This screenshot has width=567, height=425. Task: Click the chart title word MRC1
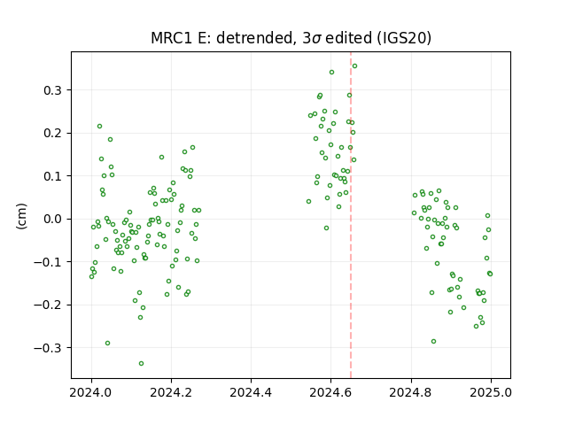coord(172,38)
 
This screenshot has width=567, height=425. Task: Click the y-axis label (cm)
coord(21,216)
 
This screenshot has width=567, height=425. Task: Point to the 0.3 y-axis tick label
coord(52,90)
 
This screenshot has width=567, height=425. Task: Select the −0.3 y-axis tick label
coord(48,348)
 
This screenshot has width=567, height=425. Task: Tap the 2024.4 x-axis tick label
coord(251,392)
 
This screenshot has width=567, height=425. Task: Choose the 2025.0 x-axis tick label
coord(491,392)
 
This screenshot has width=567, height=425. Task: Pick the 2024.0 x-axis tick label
coord(91,392)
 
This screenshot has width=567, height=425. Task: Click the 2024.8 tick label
coord(411,392)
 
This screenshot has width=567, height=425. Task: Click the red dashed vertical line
coord(351,215)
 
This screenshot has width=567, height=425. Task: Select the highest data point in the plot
coord(354,66)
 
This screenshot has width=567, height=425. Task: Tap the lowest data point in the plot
coord(142,364)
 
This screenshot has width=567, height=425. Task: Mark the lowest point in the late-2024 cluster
coord(433,342)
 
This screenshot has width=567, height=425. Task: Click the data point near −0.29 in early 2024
coord(107,344)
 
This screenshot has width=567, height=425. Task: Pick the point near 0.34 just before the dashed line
coord(331,73)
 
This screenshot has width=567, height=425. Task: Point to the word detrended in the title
coord(254,38)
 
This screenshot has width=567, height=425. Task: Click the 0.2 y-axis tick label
coord(52,133)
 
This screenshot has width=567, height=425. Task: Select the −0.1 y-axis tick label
coord(48,262)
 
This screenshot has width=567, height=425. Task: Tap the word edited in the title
coord(348,38)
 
